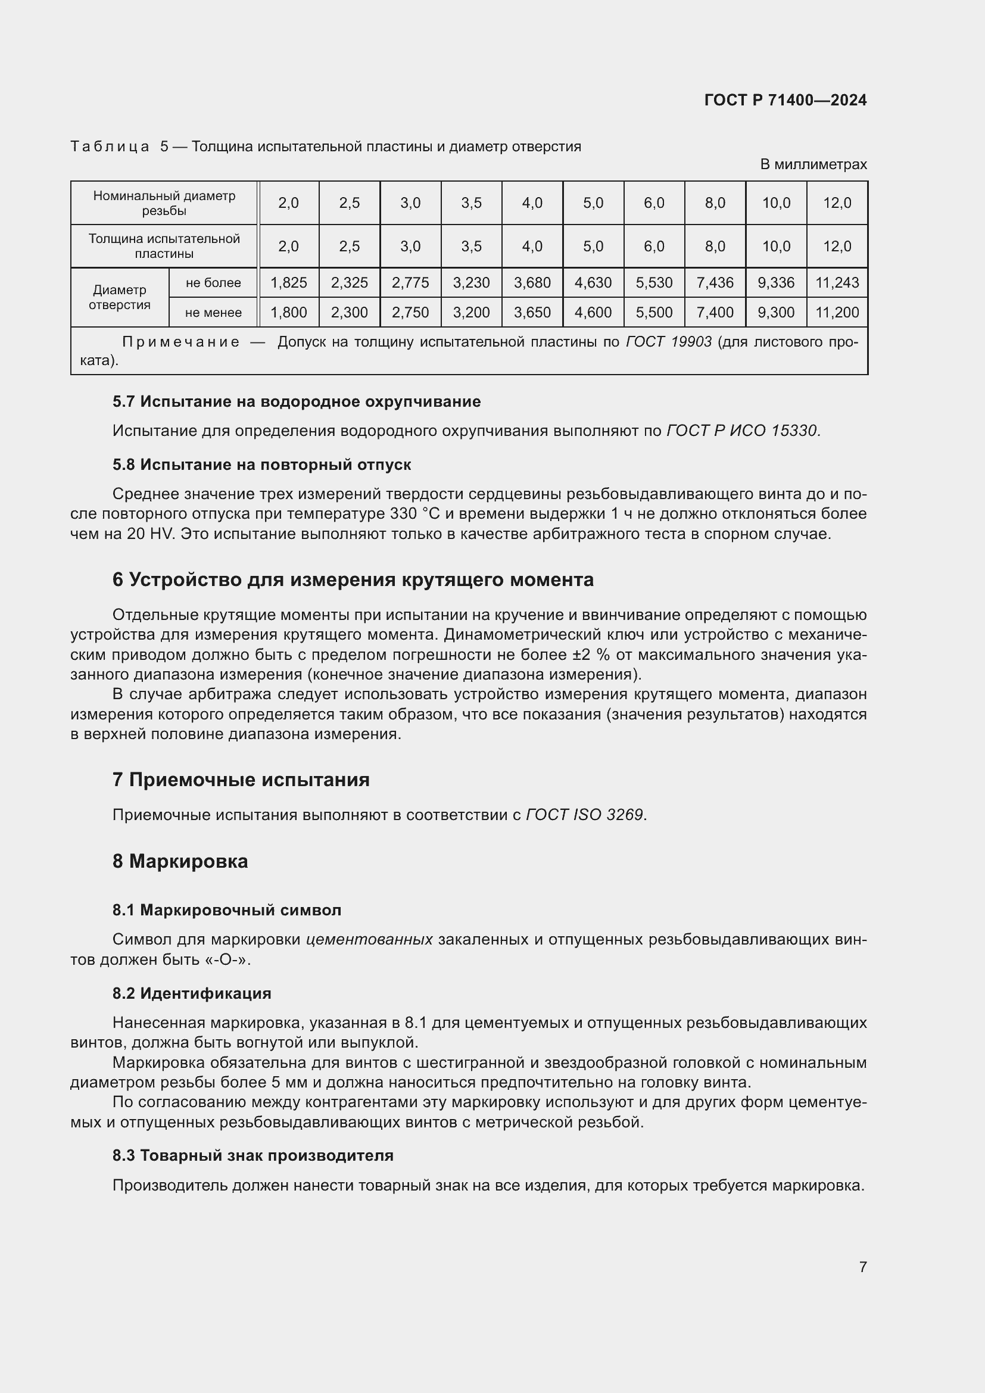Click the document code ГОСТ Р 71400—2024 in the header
pos(785,100)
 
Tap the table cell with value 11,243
pos(837,283)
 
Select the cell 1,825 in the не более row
pos(289,283)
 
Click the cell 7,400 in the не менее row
pos(715,313)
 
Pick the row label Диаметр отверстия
pos(120,297)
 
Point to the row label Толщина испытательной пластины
pos(164,247)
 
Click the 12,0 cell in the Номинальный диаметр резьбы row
pos(837,202)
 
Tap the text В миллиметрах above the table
pos(813,164)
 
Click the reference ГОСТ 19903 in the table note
pos(668,342)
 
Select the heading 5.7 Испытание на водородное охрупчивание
pos(296,401)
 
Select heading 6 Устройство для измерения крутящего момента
pos(353,580)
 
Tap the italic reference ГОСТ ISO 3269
pos(584,815)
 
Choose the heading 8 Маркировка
pos(180,862)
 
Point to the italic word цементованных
pos(369,940)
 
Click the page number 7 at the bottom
pos(862,1267)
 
